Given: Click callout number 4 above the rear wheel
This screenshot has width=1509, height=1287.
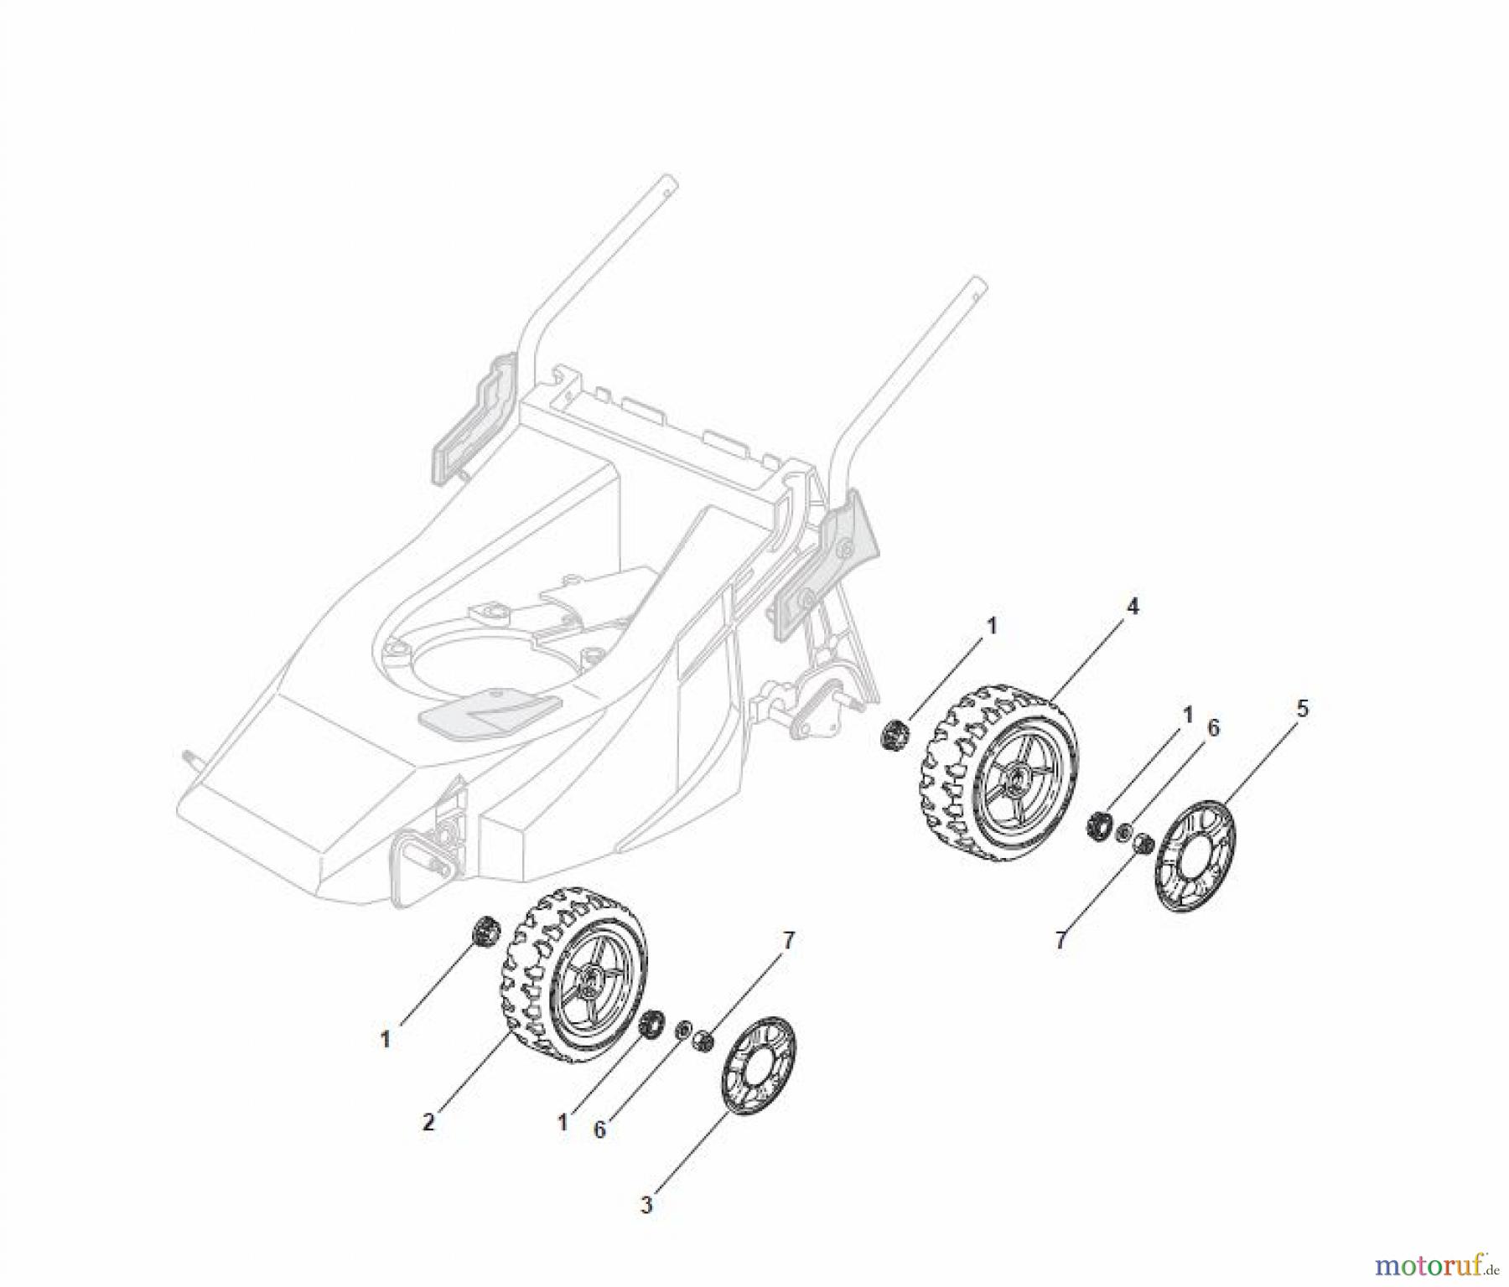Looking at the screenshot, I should [x=1132, y=607].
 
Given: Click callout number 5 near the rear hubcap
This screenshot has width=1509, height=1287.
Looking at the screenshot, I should [x=1301, y=708].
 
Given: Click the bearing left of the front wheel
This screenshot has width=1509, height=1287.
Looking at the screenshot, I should [x=484, y=930].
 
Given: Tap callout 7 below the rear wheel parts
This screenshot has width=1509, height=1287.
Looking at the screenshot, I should [x=1060, y=940].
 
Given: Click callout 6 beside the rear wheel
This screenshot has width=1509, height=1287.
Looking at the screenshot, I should [x=1212, y=728].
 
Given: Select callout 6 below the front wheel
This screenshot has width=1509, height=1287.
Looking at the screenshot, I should [x=599, y=1129].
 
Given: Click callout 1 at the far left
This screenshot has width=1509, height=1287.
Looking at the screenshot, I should [x=385, y=1040].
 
